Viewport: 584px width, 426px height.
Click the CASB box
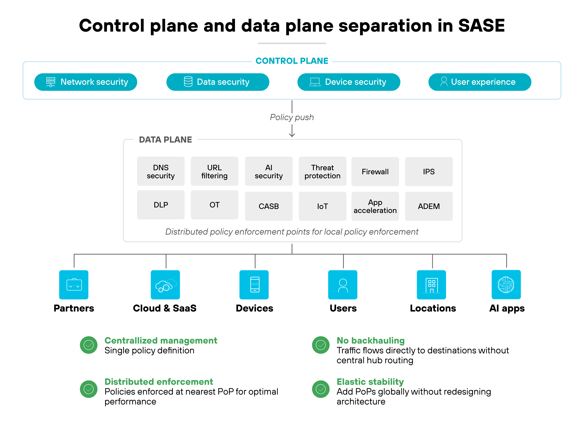[269, 206]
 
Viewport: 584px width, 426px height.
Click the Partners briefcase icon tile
[74, 285]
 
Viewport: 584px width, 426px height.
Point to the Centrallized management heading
[161, 341]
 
